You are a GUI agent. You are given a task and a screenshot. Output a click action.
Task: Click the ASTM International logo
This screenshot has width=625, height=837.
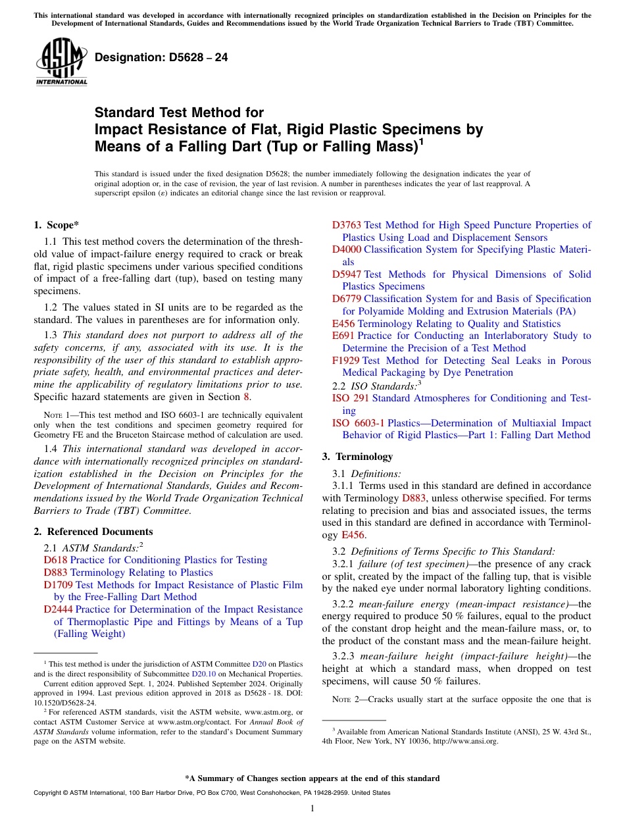coord(61,62)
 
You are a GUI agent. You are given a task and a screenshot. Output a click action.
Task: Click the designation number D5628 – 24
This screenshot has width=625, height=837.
coord(161,58)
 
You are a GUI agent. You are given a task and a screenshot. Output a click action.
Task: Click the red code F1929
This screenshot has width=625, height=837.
coord(345,361)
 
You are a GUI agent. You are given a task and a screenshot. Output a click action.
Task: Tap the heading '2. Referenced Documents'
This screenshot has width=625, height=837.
coord(93,532)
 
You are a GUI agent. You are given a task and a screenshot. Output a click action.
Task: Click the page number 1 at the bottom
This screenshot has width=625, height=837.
coord(312,809)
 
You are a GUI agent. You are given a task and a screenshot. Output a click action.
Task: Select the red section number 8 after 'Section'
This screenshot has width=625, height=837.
coord(247,397)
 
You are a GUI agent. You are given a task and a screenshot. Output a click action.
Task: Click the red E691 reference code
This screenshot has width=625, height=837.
coord(343,336)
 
